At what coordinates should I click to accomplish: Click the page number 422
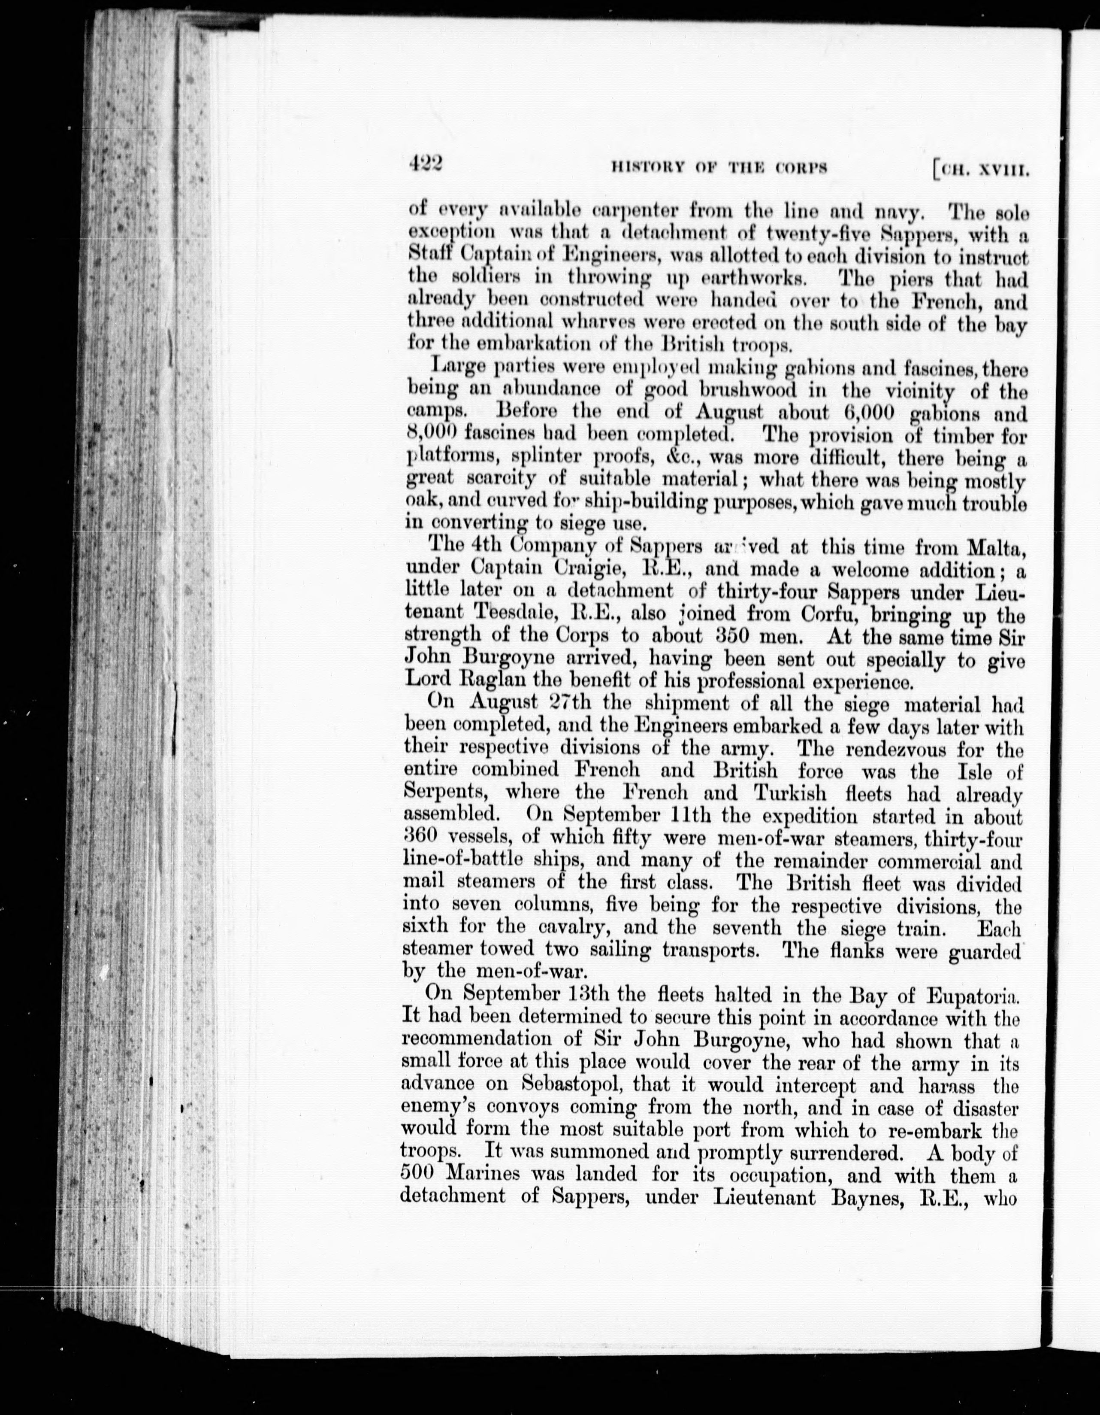click(425, 166)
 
